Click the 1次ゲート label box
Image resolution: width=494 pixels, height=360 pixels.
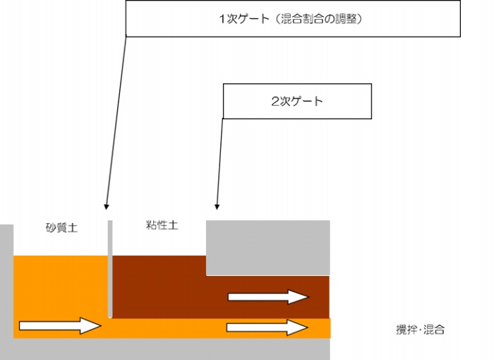tap(293, 19)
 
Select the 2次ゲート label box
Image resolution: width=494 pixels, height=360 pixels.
tap(297, 101)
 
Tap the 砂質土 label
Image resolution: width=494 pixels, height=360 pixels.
tap(62, 227)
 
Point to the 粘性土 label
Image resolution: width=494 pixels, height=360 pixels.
tap(162, 224)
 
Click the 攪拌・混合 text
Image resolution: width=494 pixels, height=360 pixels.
tap(421, 330)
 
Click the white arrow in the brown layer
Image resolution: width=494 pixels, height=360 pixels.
tap(268, 296)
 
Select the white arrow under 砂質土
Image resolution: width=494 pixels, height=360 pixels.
tap(60, 325)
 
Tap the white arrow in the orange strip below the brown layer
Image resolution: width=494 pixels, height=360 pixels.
tap(267, 328)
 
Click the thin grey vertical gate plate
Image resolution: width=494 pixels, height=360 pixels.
tap(110, 269)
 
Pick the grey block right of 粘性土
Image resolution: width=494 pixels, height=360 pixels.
tap(268, 248)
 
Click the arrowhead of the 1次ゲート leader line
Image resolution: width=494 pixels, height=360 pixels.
tap(106, 207)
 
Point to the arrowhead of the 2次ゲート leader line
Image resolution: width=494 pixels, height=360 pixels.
tap(217, 207)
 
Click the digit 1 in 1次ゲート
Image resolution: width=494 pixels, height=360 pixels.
tap(222, 19)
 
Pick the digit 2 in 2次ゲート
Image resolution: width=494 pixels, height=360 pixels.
tap(275, 102)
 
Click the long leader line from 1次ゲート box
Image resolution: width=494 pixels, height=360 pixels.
tap(116, 122)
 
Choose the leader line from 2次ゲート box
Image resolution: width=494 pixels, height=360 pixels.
tap(219, 164)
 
